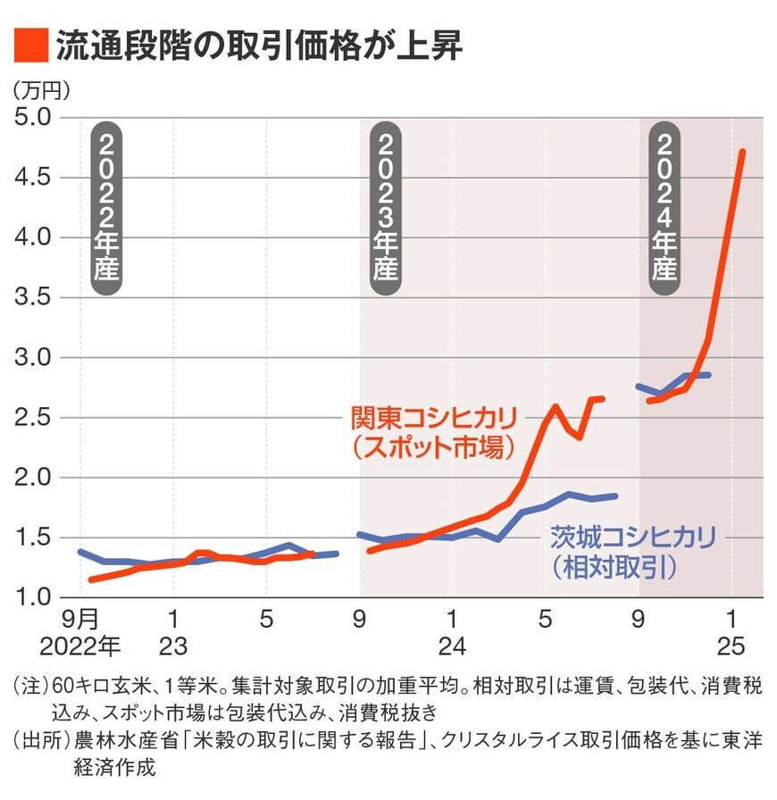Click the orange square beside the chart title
coord(29,46)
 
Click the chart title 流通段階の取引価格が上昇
coord(258,46)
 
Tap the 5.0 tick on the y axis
coord(34,118)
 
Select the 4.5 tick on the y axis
coord(34,178)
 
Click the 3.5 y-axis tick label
coord(34,298)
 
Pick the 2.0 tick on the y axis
coord(34,478)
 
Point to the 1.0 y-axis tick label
coord(34,597)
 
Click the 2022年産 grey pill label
coord(106,207)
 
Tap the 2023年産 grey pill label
coord(385,207)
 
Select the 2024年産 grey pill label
coord(664,207)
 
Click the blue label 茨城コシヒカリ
coord(632,537)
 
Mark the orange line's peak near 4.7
coord(743,153)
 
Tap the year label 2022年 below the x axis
coord(80,645)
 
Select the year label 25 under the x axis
coord(732,645)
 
